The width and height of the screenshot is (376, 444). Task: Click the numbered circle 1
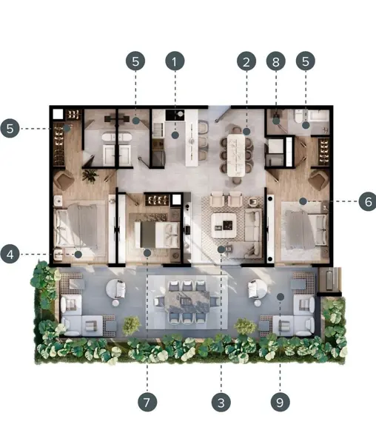coord(175,61)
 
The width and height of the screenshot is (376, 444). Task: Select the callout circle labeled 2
coord(246,61)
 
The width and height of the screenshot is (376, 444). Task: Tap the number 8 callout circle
coord(276,61)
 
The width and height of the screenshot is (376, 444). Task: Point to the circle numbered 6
coord(368,201)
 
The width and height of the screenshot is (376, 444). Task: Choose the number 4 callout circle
coord(10,254)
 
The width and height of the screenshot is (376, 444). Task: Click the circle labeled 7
coord(147,402)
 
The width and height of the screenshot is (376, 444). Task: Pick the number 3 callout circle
coord(221,402)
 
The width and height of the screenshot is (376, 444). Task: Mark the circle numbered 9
coord(280,402)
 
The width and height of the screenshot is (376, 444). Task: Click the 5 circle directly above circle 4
coord(10,128)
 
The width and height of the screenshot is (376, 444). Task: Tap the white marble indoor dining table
coord(235,155)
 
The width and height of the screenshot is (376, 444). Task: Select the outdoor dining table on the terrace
coord(187,302)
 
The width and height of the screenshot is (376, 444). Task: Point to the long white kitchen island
coord(192,138)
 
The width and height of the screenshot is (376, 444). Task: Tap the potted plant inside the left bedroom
coord(90,175)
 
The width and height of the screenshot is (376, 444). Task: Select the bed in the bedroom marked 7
coord(157,234)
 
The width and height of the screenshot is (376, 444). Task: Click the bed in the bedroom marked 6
coord(306,229)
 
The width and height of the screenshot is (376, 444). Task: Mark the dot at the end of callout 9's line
coord(281,297)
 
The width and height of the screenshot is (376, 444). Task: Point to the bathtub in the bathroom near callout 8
coord(318,116)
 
